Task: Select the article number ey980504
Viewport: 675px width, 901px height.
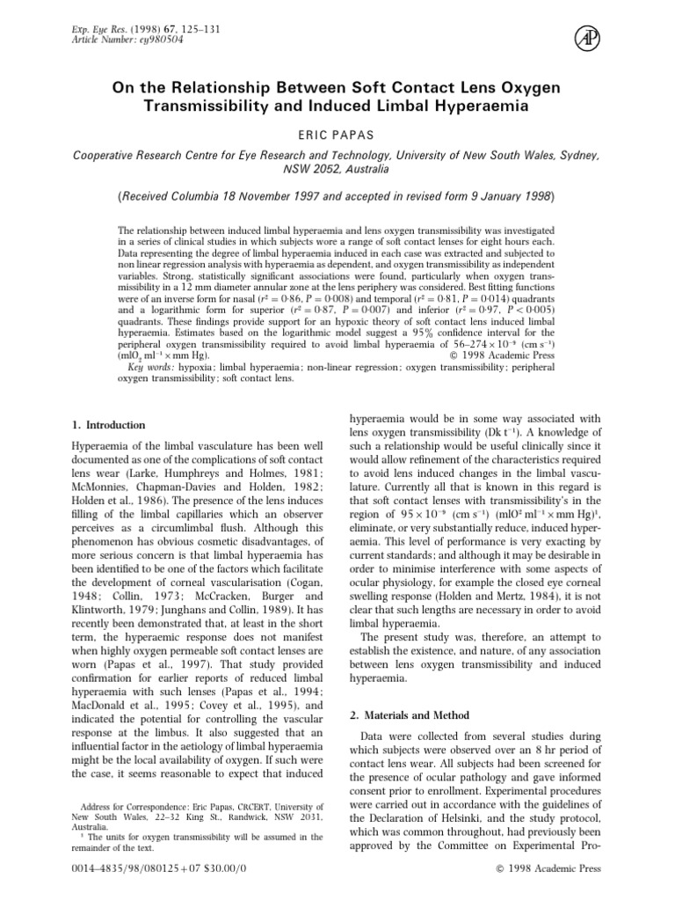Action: [x=133, y=40]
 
